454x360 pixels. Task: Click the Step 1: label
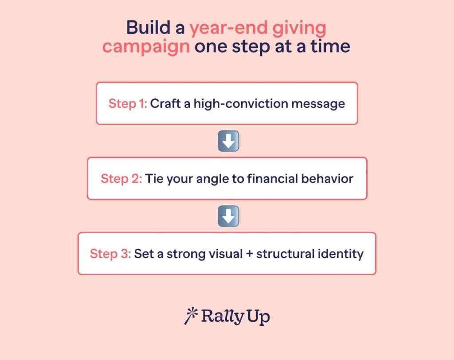click(x=128, y=104)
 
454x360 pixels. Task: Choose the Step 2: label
click(x=121, y=179)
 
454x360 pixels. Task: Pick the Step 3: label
click(x=110, y=254)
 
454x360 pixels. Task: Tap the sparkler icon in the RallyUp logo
click(x=190, y=316)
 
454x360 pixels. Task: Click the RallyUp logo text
click(x=235, y=317)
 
